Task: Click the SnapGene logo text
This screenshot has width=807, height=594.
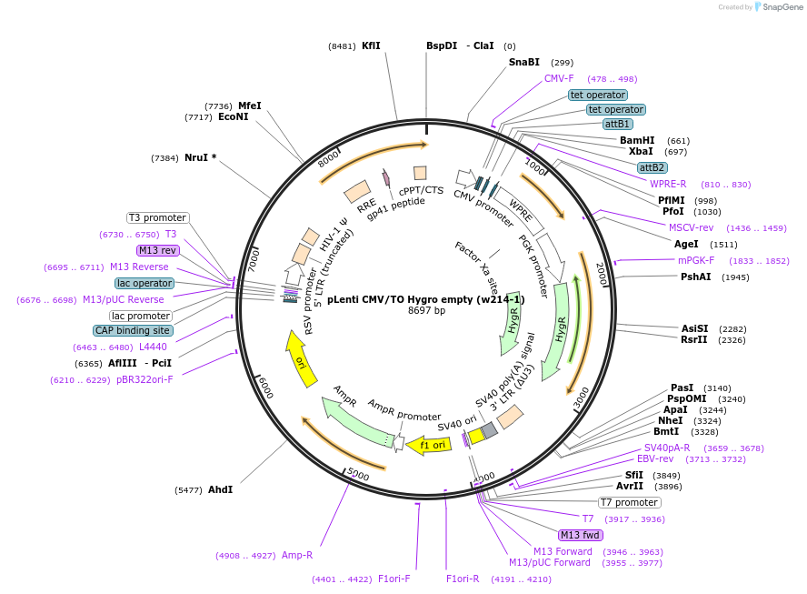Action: (782, 7)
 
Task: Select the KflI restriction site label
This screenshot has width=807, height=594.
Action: (371, 45)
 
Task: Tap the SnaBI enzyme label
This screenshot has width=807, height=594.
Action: (523, 63)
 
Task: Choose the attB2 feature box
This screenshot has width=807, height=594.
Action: (652, 167)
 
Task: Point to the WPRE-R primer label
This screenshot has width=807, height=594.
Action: (668, 184)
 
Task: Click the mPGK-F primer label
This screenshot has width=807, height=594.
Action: (696, 260)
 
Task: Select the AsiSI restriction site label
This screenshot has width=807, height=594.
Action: (694, 328)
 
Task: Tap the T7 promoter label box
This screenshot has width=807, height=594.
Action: (629, 502)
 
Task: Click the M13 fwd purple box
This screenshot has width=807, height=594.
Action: (580, 535)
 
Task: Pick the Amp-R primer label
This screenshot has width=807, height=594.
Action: (297, 555)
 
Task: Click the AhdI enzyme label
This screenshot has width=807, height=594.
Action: (221, 489)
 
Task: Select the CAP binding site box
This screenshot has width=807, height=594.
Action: (132, 330)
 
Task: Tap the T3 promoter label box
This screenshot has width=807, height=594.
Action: (157, 217)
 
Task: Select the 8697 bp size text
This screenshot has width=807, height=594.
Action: (426, 311)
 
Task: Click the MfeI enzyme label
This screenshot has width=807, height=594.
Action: (250, 106)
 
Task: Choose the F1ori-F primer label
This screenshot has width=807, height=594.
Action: (394, 579)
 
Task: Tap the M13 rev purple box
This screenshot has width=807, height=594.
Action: (157, 250)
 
